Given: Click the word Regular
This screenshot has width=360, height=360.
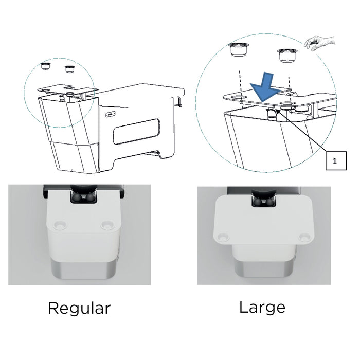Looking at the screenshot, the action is coord(79,309).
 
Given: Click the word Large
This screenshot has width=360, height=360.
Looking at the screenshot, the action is coord(262,307).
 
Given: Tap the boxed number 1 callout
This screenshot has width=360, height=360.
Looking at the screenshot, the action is coord(336,160).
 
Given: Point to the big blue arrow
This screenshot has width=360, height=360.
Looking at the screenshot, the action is coord(266,88).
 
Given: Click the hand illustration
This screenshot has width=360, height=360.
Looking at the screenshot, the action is coord(319,43).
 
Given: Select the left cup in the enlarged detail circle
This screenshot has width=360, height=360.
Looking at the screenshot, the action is coord(239,49).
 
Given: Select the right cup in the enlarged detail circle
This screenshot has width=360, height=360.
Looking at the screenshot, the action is coord(287,55).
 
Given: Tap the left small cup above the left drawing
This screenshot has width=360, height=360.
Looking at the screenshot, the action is coord(45,66).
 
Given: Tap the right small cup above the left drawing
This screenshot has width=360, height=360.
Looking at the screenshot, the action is coord(69,69).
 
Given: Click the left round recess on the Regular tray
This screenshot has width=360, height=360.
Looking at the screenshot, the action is coord(60,225).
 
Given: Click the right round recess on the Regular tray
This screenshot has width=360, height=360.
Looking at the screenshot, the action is coord(107,224).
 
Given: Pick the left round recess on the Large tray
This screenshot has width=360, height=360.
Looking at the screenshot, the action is coord(223,237).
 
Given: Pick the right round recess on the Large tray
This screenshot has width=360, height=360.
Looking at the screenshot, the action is coord(304,237).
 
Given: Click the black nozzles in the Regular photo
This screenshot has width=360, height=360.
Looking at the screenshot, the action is coord(83,197).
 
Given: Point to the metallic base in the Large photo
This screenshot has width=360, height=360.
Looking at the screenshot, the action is coord(263,268).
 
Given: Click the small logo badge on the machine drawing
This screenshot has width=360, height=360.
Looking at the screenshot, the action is coord(110,114).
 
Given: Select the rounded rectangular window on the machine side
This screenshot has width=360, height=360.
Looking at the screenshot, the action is coord(136,132).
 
